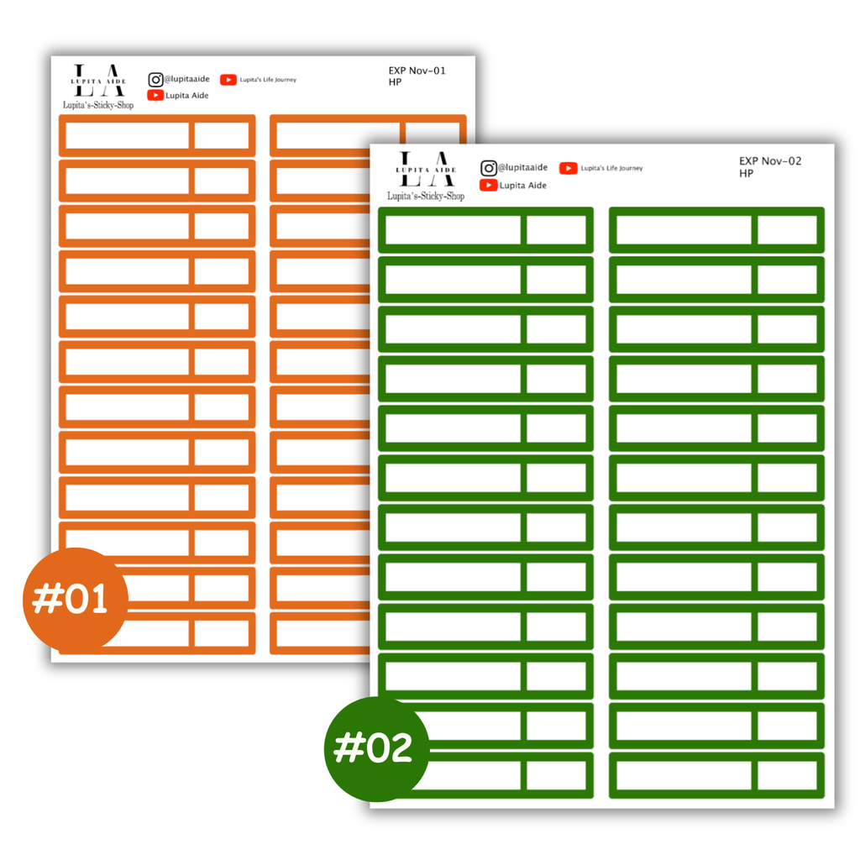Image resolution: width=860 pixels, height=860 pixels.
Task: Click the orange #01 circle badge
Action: click(75, 600)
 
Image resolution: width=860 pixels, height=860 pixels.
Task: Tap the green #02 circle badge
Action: click(376, 748)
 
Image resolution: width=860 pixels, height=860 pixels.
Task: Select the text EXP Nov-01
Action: click(417, 71)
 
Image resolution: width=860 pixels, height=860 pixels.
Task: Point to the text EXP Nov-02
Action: click(770, 161)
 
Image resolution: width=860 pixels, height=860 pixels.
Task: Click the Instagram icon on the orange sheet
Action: click(155, 80)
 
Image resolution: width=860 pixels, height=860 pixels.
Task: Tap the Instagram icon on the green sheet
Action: click(489, 168)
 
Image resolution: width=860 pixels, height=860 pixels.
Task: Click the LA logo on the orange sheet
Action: click(98, 80)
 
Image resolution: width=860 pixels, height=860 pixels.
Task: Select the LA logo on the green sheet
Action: click(426, 169)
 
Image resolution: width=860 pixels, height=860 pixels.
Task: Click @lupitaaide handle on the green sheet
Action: click(522, 167)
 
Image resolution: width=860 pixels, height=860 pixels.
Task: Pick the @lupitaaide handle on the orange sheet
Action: click(187, 79)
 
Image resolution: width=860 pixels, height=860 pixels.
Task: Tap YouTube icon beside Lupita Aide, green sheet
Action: click(488, 186)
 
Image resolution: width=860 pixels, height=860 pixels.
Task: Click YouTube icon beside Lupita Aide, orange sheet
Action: click(155, 96)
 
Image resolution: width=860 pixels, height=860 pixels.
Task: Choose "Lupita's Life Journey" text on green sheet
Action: click(611, 168)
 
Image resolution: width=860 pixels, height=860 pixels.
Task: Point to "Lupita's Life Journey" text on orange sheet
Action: click(268, 80)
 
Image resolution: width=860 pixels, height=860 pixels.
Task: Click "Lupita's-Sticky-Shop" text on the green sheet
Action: click(426, 196)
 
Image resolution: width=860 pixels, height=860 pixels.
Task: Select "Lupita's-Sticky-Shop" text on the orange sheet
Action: click(98, 105)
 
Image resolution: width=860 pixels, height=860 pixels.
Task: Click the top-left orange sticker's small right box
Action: click(222, 135)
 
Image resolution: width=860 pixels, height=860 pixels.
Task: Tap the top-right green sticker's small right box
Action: click(788, 230)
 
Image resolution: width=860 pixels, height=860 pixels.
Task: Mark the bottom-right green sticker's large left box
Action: click(684, 775)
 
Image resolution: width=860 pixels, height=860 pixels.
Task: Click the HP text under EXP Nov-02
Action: click(746, 174)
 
